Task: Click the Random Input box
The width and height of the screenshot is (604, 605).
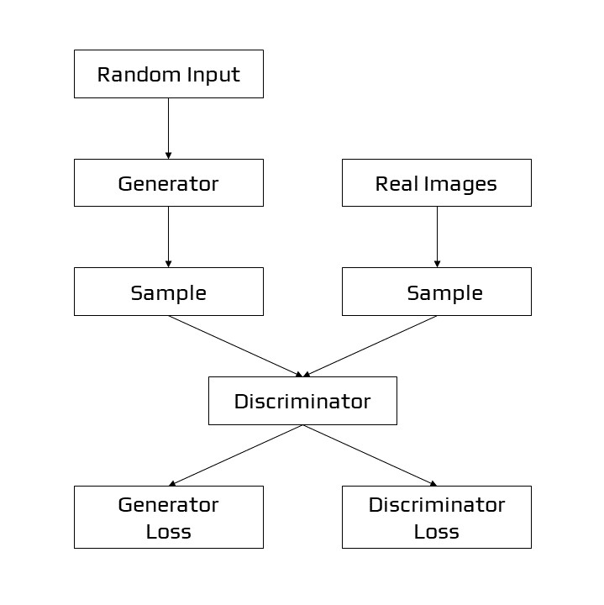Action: point(168,74)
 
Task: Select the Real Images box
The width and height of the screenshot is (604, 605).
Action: point(436,182)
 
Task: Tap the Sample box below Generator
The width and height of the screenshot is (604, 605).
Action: point(168,292)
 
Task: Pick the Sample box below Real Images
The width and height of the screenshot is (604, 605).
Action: point(436,292)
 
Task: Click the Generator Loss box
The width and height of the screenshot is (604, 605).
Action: point(168,517)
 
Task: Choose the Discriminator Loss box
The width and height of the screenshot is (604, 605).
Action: point(436,517)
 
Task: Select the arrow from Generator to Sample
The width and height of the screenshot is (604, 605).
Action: point(168,236)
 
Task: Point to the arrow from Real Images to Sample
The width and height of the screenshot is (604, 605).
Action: point(437,236)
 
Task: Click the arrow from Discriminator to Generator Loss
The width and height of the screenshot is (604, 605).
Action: point(235,455)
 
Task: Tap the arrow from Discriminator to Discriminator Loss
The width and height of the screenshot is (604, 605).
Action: point(370,455)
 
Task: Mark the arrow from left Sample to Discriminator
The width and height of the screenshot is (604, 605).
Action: point(235,345)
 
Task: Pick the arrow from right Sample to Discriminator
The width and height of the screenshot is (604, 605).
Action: point(370,345)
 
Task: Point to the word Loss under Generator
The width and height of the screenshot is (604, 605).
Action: point(168,531)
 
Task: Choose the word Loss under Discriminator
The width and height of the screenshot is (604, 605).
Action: point(436,531)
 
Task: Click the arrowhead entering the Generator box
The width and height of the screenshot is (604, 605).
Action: point(168,155)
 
